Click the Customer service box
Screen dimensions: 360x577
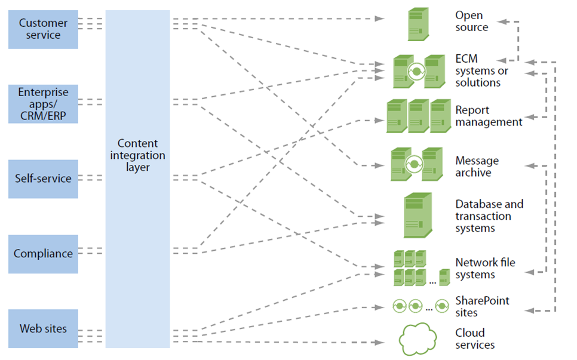[43, 29]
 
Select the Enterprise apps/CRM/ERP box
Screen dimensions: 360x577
[43, 104]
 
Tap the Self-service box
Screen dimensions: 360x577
[43, 179]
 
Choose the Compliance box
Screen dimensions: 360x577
[43, 254]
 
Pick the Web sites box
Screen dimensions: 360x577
[43, 328]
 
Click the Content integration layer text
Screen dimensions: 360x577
[138, 155]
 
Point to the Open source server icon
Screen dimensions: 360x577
[418, 24]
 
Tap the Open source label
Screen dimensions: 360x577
[471, 21]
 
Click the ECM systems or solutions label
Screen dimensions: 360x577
[481, 70]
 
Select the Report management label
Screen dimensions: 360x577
[488, 116]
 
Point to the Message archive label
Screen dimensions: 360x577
[477, 167]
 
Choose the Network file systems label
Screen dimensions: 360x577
[484, 269]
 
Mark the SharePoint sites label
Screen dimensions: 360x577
[482, 306]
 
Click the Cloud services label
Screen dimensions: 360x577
[475, 339]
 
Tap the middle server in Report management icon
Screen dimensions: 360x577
[419, 116]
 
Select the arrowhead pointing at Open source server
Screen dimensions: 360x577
[380, 19]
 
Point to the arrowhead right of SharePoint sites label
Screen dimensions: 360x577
[528, 310]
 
